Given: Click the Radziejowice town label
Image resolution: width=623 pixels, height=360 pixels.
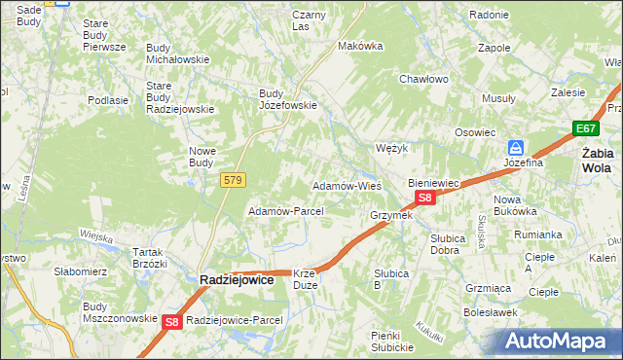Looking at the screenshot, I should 239,278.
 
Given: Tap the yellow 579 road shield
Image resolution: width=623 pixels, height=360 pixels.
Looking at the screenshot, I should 233,180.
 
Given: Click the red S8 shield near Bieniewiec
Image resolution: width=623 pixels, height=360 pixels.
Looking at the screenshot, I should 424,198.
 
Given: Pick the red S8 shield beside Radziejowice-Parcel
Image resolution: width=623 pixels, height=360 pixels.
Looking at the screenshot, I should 172,321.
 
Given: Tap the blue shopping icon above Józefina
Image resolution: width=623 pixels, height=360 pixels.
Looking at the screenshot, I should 515,147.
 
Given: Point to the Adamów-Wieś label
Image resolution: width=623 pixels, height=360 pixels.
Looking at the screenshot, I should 346,185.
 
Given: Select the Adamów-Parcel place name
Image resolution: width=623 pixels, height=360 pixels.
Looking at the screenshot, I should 285,210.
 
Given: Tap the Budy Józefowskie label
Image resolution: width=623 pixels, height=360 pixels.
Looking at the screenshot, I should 287,100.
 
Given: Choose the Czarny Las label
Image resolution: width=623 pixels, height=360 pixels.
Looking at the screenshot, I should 309,20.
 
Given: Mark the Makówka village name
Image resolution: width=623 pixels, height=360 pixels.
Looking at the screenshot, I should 356,46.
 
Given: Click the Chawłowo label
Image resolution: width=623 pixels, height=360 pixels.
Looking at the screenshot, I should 423,80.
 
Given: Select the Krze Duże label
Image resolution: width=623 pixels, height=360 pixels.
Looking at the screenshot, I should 305,280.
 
